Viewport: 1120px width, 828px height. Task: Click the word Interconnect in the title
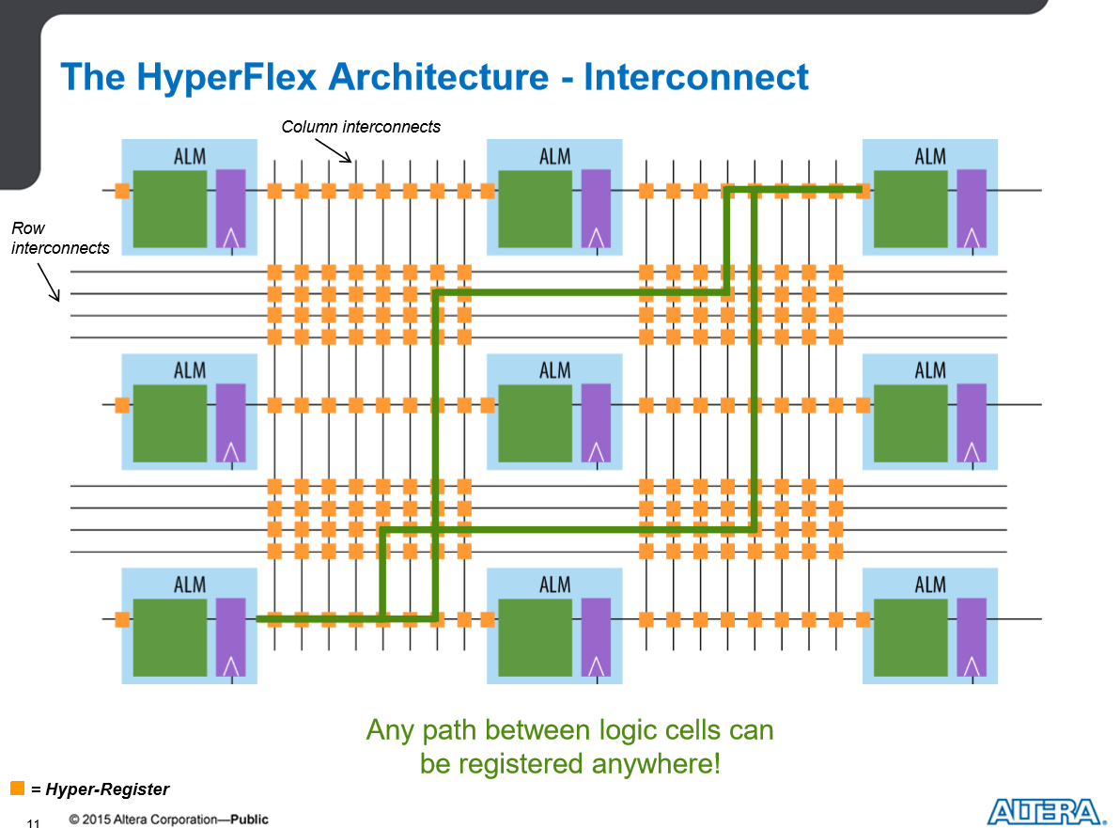[x=695, y=76]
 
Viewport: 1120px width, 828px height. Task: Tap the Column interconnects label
[x=361, y=127]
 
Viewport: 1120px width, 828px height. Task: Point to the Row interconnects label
[x=60, y=238]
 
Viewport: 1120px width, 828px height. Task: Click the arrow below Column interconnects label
[x=333, y=150]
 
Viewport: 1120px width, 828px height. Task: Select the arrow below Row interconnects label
[x=49, y=282]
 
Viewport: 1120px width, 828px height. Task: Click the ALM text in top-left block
[x=189, y=156]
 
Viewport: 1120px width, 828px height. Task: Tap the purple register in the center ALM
[x=596, y=422]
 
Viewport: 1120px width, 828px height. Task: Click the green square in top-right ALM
[x=910, y=209]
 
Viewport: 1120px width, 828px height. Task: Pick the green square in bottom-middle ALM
[x=535, y=637]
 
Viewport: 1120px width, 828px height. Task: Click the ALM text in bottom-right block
[x=930, y=586]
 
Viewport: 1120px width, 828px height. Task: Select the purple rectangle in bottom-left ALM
[x=231, y=636]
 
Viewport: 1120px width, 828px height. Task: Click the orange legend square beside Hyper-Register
[x=18, y=788]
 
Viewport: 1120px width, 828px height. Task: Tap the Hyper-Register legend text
[x=107, y=789]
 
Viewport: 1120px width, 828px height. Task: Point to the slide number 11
[x=34, y=823]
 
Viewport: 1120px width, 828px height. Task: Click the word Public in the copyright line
[x=249, y=820]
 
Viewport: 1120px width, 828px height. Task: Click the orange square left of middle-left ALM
[x=123, y=405]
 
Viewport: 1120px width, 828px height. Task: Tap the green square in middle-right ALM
[x=910, y=423]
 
